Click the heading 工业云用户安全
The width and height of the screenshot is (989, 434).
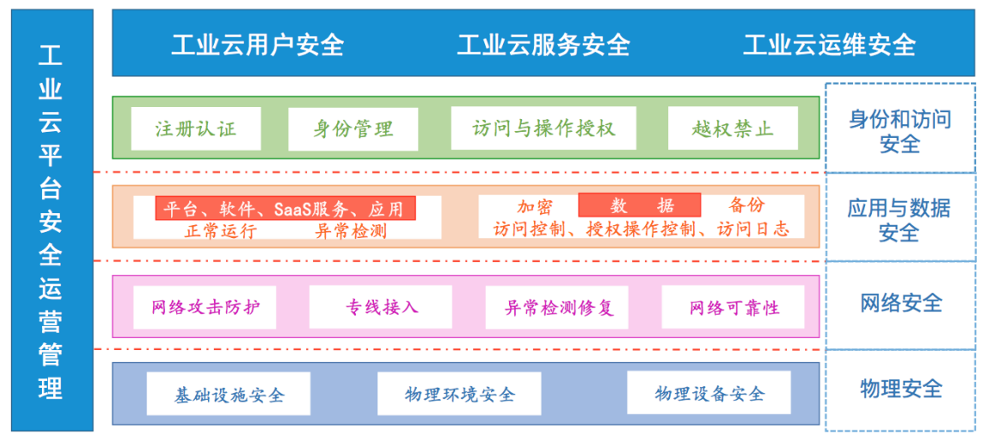(x=258, y=45)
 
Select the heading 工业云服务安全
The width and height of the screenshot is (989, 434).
(x=543, y=45)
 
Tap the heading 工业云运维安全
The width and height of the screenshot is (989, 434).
(x=829, y=45)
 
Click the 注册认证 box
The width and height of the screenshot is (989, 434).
(x=196, y=128)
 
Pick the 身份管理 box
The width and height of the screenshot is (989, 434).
(x=353, y=128)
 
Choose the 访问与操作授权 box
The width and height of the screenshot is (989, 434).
(x=544, y=128)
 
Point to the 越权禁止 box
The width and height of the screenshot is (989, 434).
(x=733, y=128)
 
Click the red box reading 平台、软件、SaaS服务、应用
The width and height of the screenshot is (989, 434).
(x=286, y=208)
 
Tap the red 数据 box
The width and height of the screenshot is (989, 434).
(x=640, y=205)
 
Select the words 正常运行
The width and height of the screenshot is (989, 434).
(x=221, y=231)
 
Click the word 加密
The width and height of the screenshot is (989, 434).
(x=536, y=205)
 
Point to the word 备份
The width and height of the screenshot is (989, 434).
(x=747, y=205)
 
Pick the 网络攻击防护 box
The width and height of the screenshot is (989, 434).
(x=205, y=307)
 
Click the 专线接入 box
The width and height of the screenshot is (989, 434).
(x=381, y=307)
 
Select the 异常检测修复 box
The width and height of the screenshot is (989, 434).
(x=557, y=307)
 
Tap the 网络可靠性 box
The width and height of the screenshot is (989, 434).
(x=733, y=307)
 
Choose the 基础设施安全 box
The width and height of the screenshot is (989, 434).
(x=228, y=394)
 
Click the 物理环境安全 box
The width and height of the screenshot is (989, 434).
(x=459, y=394)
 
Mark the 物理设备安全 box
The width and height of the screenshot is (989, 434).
(x=709, y=393)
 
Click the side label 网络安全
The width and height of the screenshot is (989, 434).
(x=902, y=303)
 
